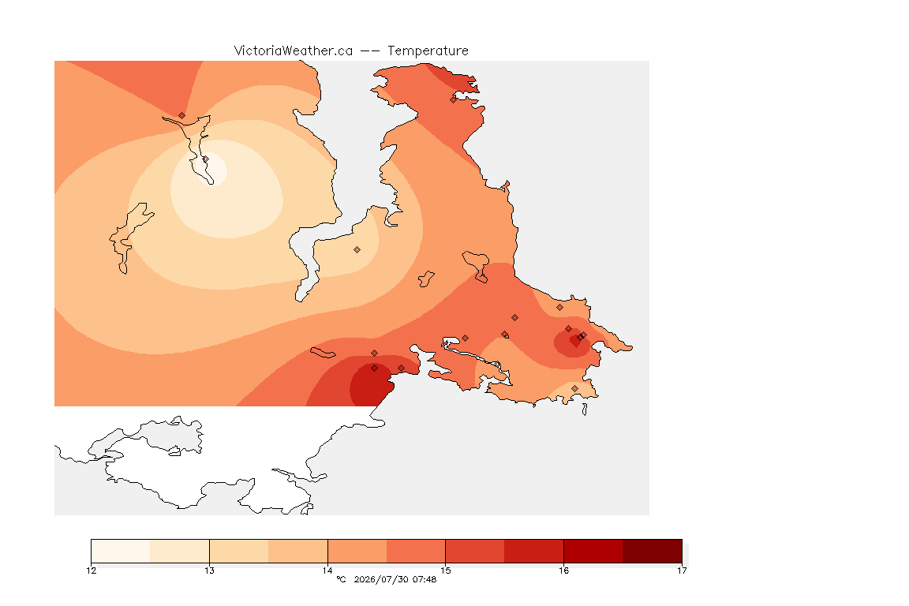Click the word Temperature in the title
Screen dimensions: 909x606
point(428,51)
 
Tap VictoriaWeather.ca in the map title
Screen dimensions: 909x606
point(294,51)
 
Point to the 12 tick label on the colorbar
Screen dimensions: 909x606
point(92,570)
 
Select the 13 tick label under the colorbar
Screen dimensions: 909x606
point(209,570)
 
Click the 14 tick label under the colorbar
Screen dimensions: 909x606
point(327,570)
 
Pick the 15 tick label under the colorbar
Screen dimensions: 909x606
point(445,570)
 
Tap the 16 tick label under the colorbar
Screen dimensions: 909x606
point(563,570)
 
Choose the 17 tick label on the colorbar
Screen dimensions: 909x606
point(682,570)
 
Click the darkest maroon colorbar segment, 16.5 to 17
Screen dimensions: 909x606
point(653,551)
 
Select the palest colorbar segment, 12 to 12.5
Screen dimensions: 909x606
point(122,551)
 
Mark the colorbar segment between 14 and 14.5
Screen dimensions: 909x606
point(357,551)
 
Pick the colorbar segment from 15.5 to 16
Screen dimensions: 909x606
point(534,551)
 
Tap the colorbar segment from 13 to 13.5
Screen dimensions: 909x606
point(239,551)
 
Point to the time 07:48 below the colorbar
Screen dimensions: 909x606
point(425,579)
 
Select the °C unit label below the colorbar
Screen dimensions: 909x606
point(341,579)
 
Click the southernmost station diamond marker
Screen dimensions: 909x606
point(574,388)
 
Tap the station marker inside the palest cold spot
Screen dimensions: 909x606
point(205,159)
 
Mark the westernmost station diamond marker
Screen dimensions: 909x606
point(182,115)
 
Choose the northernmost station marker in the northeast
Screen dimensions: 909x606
point(454,99)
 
